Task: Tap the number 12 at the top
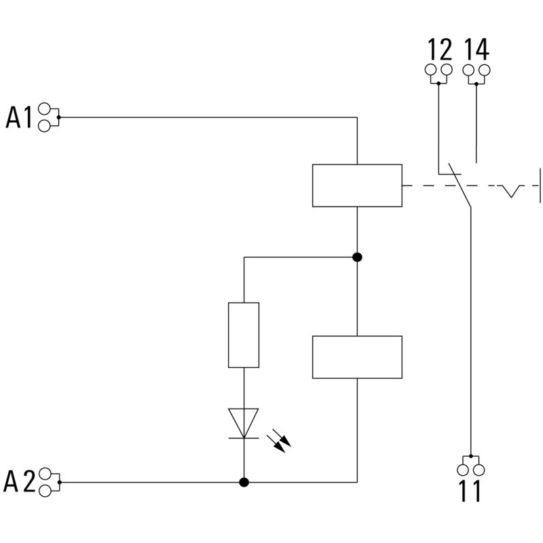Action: click(439, 50)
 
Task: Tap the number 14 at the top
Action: click(476, 50)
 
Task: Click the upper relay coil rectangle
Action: click(357, 185)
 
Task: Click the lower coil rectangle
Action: click(357, 357)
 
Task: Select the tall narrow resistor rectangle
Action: click(244, 335)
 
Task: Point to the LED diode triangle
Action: click(244, 422)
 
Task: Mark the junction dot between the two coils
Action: click(357, 257)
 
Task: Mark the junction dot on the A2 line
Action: click(244, 482)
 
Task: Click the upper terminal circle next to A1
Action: click(45, 109)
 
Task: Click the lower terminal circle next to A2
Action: click(45, 491)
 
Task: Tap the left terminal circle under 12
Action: click(431, 70)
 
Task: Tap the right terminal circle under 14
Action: click(485, 70)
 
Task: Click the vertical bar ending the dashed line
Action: click(540, 185)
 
